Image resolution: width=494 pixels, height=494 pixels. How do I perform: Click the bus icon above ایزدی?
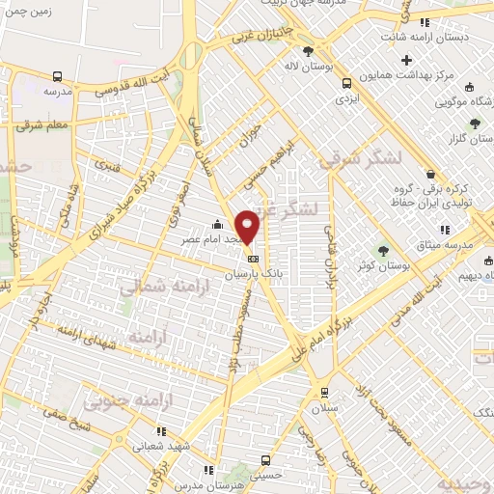coord(343,83)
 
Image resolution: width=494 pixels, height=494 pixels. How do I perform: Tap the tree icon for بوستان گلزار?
coord(473,123)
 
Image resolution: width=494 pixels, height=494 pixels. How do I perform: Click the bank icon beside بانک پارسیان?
coord(253,259)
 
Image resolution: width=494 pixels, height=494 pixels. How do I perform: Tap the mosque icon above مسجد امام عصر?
coord(217,225)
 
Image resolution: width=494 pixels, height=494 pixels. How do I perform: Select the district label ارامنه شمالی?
coord(156,287)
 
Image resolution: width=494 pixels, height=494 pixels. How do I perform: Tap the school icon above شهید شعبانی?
coord(161,430)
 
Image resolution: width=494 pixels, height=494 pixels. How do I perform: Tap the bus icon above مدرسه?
coord(58,76)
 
